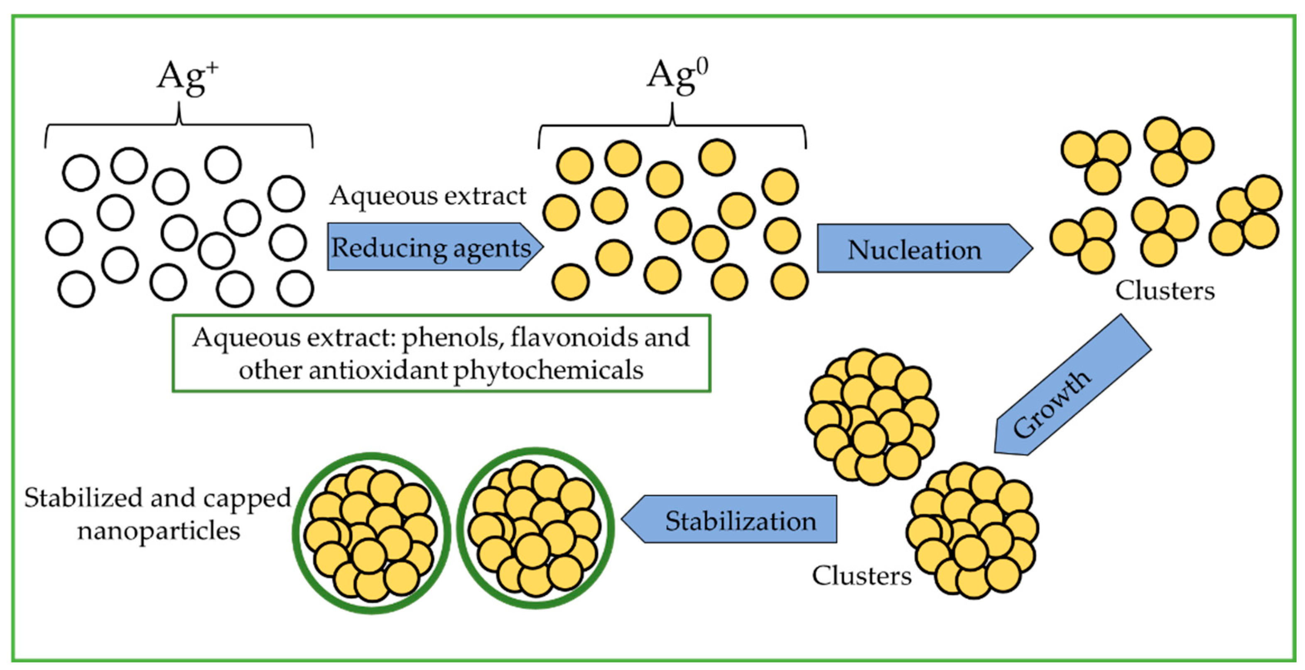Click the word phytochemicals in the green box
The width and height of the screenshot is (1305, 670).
click(x=548, y=370)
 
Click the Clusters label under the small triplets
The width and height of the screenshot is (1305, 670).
click(x=1165, y=291)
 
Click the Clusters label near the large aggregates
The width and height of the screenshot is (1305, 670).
click(x=861, y=576)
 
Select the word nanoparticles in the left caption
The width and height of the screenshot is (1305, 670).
click(x=159, y=531)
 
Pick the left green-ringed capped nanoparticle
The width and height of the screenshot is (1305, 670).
click(x=371, y=533)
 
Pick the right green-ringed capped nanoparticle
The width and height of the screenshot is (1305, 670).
click(x=535, y=528)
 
